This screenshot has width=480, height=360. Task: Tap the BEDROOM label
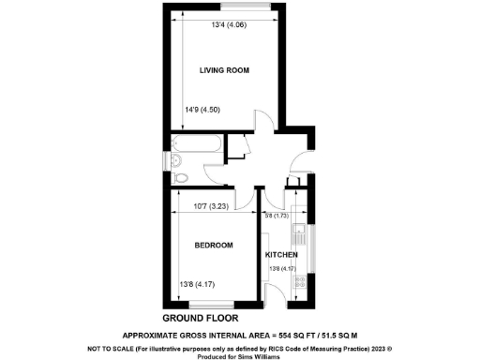coord(214,246)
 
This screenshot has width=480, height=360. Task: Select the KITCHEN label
coord(281,255)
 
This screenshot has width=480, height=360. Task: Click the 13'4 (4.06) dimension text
coord(228,24)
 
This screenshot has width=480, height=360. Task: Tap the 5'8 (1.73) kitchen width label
coord(278,217)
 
